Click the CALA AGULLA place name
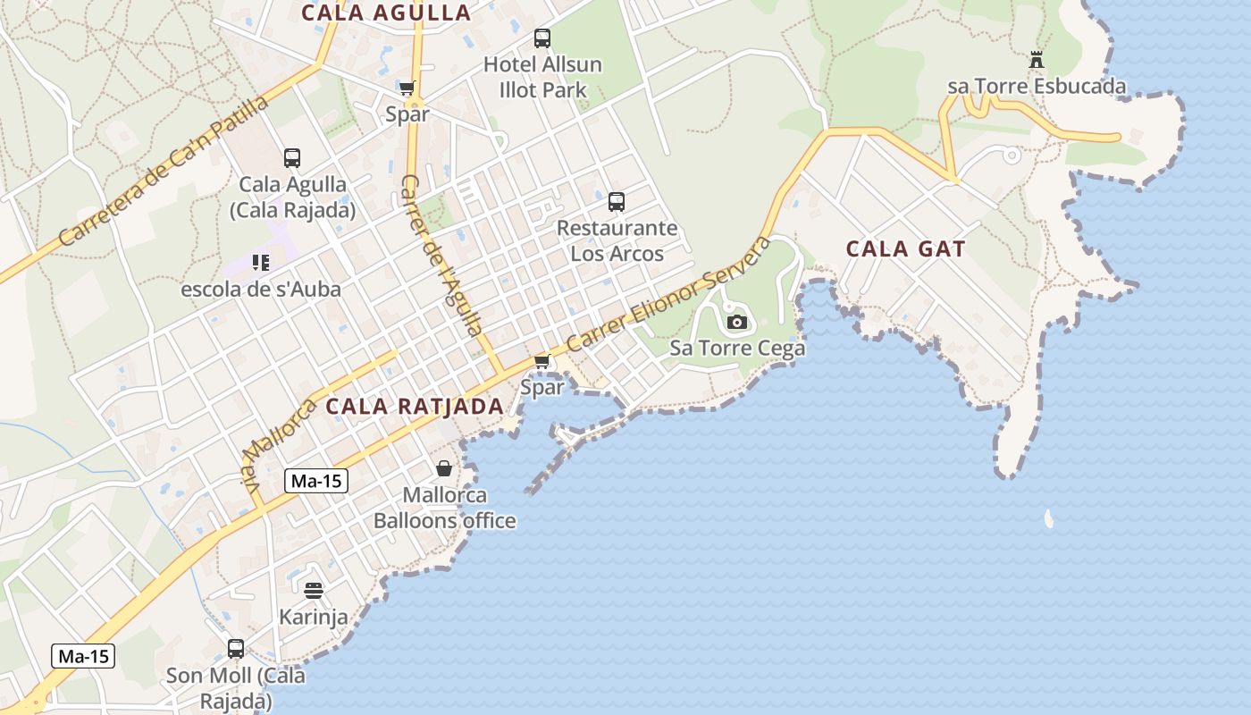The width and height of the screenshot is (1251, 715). [x=386, y=13]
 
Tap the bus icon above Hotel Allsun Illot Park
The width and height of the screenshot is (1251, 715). [x=542, y=38]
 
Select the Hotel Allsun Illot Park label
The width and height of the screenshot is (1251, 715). [x=542, y=77]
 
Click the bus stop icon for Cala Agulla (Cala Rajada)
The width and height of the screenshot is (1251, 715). [x=292, y=158]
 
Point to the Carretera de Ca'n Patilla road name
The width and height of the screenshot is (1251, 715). [x=163, y=171]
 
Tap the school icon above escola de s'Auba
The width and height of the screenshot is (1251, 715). [x=261, y=263]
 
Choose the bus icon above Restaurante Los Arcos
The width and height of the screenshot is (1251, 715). [x=617, y=202]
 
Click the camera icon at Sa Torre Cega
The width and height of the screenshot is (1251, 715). [x=737, y=322]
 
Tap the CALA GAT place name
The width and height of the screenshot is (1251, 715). [x=905, y=248]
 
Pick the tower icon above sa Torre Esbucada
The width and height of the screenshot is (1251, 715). [x=1037, y=61]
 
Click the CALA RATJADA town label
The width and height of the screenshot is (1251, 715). [x=415, y=406]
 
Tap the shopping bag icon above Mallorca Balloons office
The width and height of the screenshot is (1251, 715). [x=444, y=468]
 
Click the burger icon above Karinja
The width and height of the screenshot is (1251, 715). [x=313, y=591]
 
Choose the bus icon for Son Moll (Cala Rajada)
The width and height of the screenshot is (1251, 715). [x=236, y=649]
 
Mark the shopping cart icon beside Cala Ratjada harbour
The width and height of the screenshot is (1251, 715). [x=542, y=361]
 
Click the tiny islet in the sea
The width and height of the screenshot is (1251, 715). [x=1049, y=518]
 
